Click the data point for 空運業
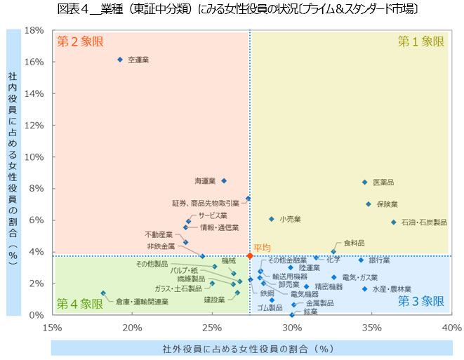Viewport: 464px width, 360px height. click(120, 60)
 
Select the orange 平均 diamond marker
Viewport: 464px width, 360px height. click(250, 255)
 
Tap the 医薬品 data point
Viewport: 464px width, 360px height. click(365, 182)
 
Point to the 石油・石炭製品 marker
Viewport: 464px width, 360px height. click(394, 222)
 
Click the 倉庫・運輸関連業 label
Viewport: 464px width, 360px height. click(142, 302)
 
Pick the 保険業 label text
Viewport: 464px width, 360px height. click(387, 204)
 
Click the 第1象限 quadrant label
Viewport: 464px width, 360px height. click(421, 41)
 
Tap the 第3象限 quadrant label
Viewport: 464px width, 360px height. click(421, 302)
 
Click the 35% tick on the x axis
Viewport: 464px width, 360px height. click(372, 327)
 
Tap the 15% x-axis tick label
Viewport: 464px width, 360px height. click(53, 327)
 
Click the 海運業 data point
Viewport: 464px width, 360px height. click(224, 180)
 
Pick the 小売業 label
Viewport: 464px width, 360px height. click(290, 220)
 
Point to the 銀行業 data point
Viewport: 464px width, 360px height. click(362, 260)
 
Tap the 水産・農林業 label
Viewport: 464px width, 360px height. click(392, 289)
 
